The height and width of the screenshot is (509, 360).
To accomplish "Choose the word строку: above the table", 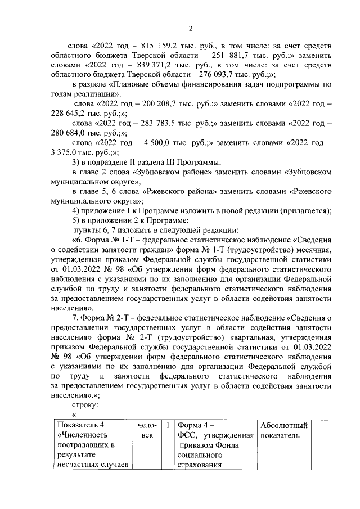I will [86, 406].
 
